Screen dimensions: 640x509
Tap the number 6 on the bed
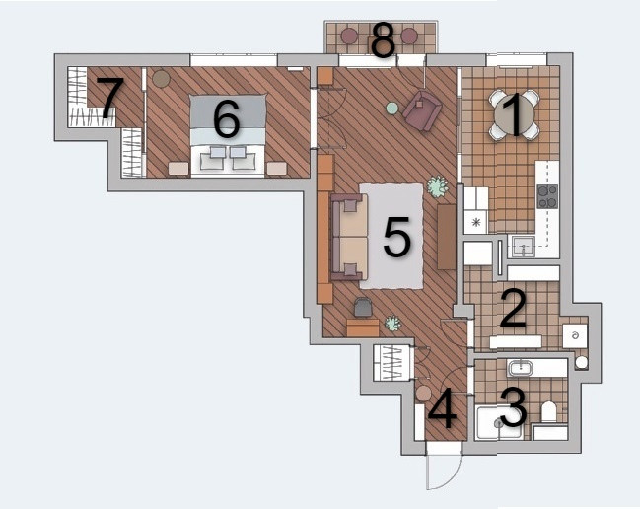[227, 118]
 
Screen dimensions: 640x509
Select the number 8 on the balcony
[384, 39]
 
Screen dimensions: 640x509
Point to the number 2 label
[514, 308]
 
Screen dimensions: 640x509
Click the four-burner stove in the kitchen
[547, 196]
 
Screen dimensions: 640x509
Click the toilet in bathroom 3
[548, 412]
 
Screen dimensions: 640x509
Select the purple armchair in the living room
[422, 109]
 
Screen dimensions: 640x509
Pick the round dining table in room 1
[515, 114]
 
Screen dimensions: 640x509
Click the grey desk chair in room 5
[363, 307]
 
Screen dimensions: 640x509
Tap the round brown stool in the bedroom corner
[161, 78]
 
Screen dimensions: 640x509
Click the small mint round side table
[391, 109]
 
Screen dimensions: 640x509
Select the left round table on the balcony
[349, 36]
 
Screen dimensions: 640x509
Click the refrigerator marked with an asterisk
[475, 222]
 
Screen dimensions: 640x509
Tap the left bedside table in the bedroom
[178, 169]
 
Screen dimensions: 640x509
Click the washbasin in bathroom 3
[521, 368]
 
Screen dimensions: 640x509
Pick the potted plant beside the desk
[392, 324]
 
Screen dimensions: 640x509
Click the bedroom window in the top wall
[234, 60]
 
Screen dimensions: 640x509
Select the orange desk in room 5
[363, 327]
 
